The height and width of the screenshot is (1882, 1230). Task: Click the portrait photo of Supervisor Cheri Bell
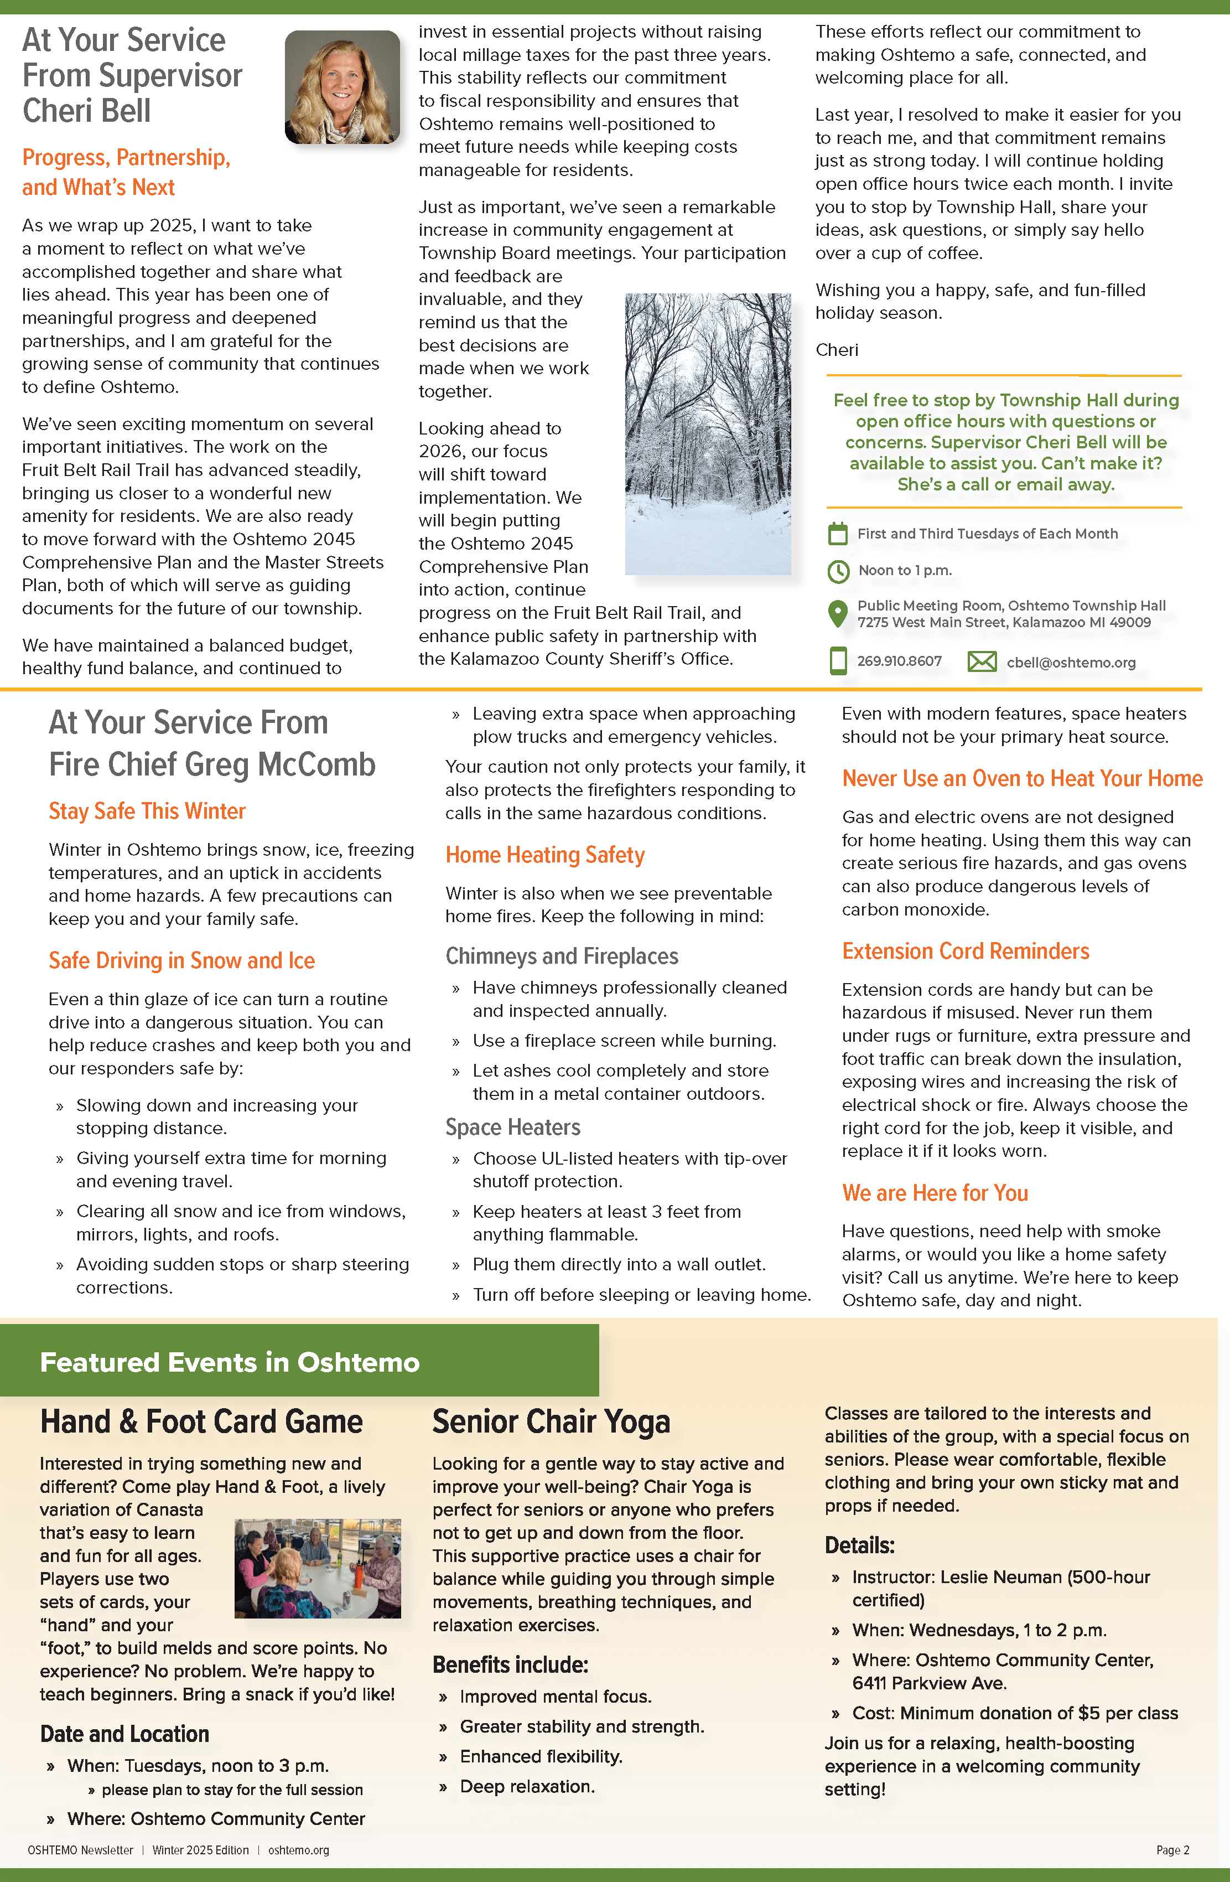342,87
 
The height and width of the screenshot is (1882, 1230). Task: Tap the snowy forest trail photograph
708,433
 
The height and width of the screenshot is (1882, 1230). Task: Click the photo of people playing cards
318,1568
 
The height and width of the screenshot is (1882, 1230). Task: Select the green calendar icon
837,534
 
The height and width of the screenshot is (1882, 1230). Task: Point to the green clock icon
837,571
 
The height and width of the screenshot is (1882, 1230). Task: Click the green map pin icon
837,614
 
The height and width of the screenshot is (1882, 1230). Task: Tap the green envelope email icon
982,661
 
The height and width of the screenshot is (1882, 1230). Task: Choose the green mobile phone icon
837,661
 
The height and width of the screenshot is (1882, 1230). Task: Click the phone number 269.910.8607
899,661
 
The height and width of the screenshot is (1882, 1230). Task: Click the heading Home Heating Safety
544,855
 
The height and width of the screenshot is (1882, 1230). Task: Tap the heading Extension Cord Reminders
965,950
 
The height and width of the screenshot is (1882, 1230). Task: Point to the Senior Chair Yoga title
551,1421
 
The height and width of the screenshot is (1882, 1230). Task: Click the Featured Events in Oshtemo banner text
229,1362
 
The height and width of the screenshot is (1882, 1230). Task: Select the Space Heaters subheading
512,1127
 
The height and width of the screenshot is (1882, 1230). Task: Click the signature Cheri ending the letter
837,349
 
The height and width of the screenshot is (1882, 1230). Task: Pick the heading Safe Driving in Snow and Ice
182,960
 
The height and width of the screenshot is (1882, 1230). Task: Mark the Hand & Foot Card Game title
201,1421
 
